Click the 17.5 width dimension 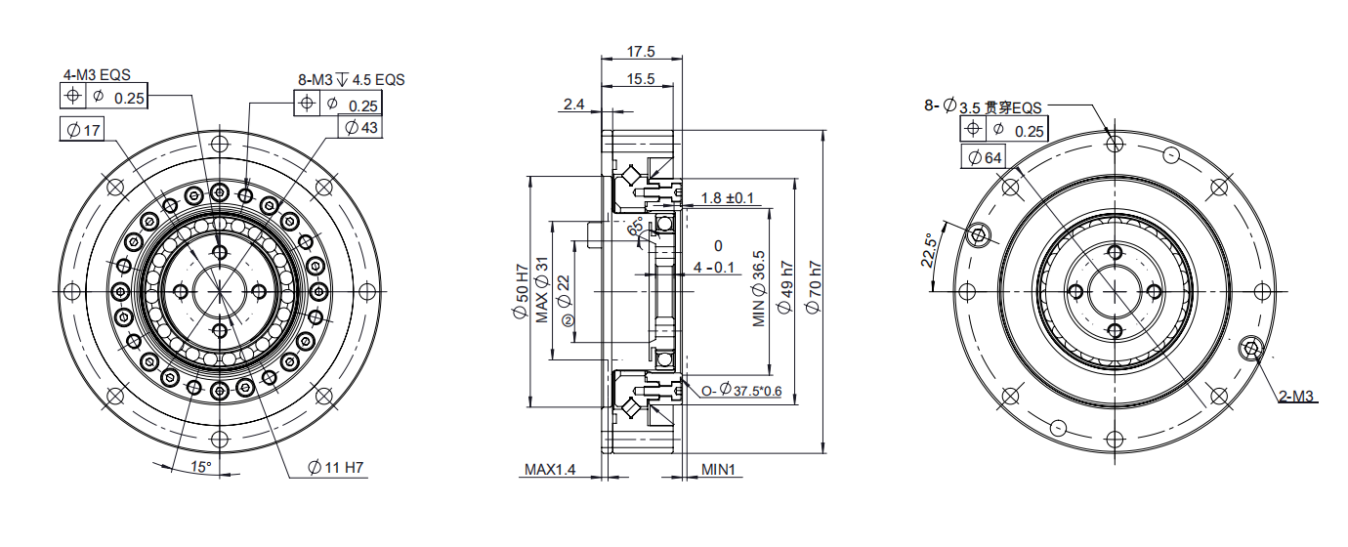[x=641, y=52]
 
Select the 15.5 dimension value [x=641, y=79]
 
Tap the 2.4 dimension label [x=573, y=105]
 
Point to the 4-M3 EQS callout [x=97, y=74]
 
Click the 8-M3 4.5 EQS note [x=352, y=79]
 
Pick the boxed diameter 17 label [x=82, y=129]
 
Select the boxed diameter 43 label [x=360, y=127]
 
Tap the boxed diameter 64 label [x=984, y=157]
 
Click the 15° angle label [x=201, y=467]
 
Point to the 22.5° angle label [x=929, y=250]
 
